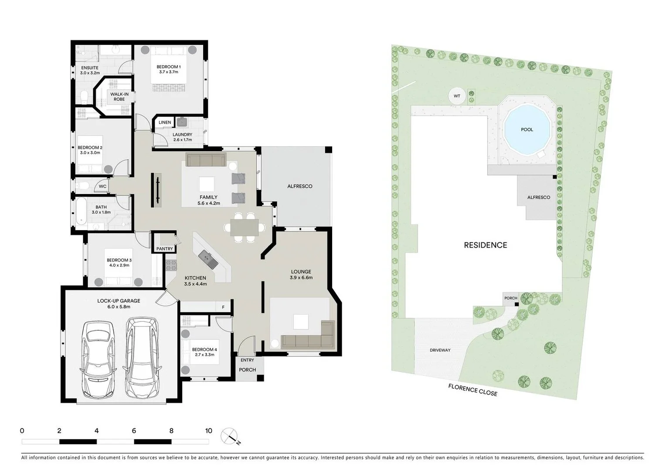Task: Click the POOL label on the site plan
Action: point(527,130)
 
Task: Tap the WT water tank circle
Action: point(457,96)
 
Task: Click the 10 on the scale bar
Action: point(208,431)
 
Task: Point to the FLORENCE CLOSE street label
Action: point(473,390)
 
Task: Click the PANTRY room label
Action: point(165,249)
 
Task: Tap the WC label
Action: point(102,187)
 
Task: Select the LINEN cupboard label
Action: point(165,122)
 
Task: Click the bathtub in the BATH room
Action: point(81,212)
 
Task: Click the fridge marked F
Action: point(223,307)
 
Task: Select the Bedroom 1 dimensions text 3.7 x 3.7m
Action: point(168,72)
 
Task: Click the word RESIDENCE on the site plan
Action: point(485,245)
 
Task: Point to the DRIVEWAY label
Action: point(440,350)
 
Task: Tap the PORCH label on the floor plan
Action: point(247,370)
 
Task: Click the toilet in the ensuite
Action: point(85,95)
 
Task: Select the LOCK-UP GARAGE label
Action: point(119,301)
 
